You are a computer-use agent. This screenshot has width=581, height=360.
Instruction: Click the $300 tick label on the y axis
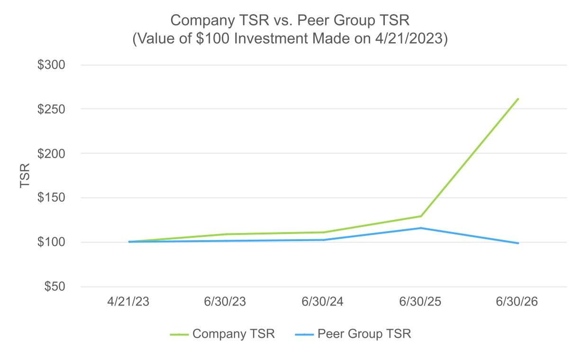51,65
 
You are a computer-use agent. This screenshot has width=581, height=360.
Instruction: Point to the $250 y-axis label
51,109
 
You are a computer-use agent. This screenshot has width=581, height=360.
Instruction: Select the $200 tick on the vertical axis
51,153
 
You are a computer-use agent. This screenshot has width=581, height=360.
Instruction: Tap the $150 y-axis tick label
51,198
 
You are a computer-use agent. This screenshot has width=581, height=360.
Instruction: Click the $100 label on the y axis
51,242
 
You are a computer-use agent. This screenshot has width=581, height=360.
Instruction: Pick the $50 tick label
54,287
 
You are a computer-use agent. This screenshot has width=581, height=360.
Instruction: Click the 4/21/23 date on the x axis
128,302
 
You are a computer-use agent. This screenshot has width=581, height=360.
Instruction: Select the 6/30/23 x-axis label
225,302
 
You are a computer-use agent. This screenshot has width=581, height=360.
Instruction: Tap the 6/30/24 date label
322,302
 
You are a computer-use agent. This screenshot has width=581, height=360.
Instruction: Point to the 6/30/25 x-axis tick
420,302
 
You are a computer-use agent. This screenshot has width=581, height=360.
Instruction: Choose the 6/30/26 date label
517,302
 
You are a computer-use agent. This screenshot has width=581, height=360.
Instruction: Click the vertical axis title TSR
25,175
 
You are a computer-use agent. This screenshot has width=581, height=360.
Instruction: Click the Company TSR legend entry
223,334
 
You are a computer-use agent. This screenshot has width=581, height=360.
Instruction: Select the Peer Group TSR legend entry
353,334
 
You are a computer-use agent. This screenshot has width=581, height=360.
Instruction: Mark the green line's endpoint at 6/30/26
518,99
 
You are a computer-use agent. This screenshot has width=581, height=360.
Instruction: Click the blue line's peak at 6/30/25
421,228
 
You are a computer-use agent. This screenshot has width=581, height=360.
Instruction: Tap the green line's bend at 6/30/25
421,216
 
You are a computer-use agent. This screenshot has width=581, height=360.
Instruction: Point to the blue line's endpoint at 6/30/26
518,243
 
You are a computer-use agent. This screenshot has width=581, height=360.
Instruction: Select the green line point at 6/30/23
226,234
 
